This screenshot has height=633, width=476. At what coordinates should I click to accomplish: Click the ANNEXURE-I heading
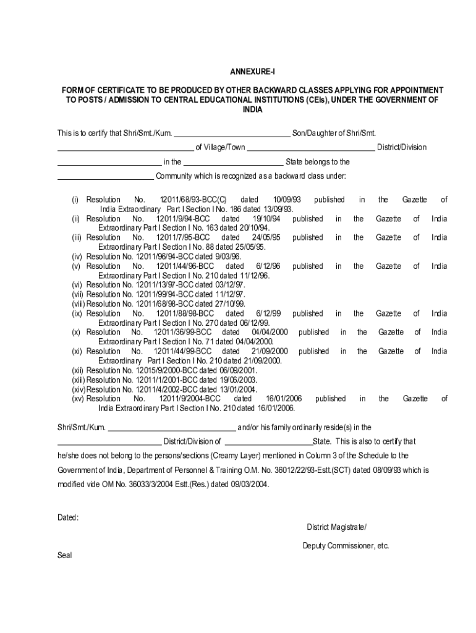pos(237,72)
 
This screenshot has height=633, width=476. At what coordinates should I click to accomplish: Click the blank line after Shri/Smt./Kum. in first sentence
pos(232,134)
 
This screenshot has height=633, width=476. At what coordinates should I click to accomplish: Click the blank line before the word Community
pos(105,177)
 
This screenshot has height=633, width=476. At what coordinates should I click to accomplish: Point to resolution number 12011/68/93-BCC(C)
pos(193,200)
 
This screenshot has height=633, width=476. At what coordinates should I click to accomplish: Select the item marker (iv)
pos(77,257)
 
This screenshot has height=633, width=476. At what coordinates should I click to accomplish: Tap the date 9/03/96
pos(227,257)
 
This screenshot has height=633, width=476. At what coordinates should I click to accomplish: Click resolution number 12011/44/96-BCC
pos(185,266)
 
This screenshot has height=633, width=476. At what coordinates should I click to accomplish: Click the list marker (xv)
pos(78,399)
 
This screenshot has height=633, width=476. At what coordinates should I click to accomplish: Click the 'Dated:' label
pos(68,517)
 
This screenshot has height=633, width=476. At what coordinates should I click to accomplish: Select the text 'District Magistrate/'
pos(336,527)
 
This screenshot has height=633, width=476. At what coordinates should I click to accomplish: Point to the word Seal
pos(65,556)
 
